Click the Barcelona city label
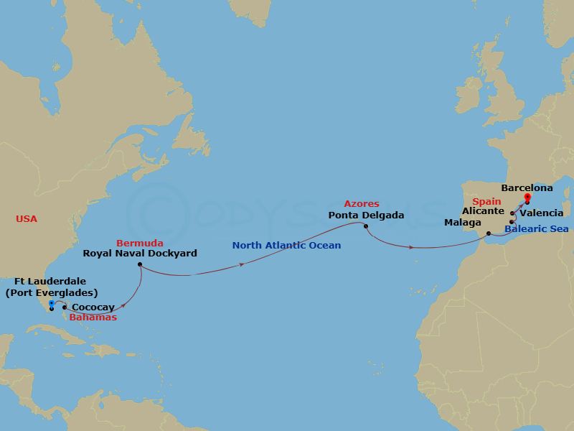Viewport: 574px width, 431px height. click(x=527, y=188)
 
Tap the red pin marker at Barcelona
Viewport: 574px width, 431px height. click(x=527, y=198)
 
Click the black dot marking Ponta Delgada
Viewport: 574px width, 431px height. click(x=366, y=227)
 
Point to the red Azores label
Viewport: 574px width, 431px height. click(x=361, y=204)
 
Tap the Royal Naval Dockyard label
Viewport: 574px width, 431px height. click(x=139, y=253)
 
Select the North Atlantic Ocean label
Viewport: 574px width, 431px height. click(x=286, y=246)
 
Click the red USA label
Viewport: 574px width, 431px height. click(x=27, y=219)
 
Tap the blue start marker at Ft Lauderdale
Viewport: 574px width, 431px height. click(x=52, y=305)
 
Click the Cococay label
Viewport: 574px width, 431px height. click(x=93, y=307)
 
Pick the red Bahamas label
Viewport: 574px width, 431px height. click(x=93, y=317)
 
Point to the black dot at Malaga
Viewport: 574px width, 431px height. click(x=488, y=233)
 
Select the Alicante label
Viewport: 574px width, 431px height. click(x=483, y=211)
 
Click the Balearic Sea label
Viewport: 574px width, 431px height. click(x=536, y=229)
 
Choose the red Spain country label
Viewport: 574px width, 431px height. click(x=486, y=201)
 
